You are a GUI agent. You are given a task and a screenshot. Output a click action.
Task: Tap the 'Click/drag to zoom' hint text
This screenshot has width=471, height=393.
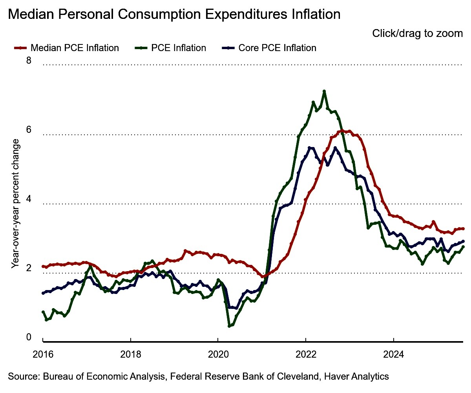[418, 34]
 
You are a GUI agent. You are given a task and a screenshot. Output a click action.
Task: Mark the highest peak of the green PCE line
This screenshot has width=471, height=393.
[324, 91]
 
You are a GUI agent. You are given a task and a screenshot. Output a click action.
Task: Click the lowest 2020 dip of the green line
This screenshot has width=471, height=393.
[229, 326]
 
